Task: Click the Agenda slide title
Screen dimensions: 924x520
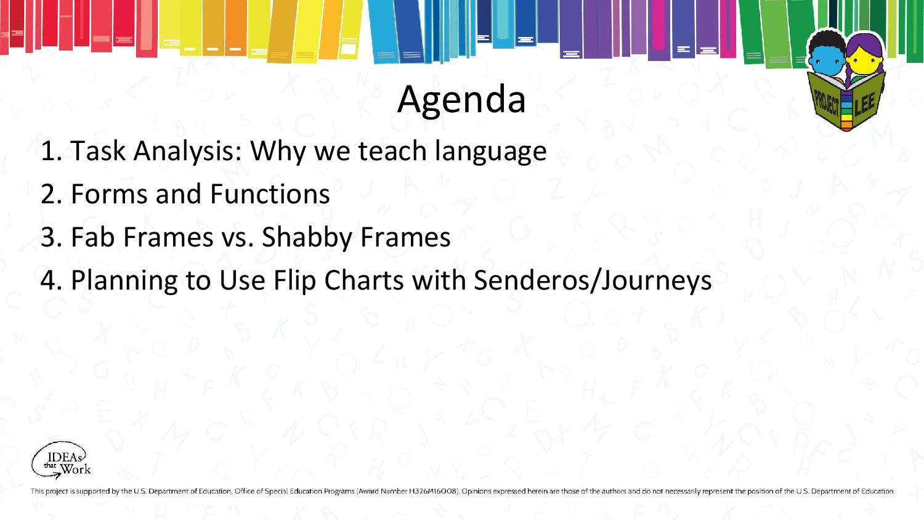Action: (x=461, y=100)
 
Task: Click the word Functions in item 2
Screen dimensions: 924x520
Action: (x=270, y=194)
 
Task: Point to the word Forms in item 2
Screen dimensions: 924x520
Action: (x=109, y=194)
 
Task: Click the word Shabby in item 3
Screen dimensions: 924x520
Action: (x=307, y=238)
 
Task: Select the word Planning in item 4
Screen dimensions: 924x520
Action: (x=124, y=281)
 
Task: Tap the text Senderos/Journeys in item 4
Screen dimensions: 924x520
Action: (x=593, y=281)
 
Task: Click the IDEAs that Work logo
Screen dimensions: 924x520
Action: (x=61, y=460)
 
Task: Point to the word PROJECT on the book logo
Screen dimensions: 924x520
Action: (x=827, y=103)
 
